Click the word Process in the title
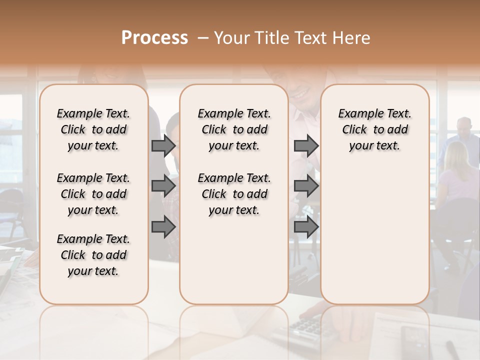point(154,38)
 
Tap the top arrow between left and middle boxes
point(163,145)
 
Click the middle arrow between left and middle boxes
point(163,186)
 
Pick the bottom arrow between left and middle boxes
point(163,227)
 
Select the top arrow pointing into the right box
point(306,145)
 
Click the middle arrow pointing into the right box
point(306,186)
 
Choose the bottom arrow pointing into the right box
point(306,227)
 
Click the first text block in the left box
point(93,129)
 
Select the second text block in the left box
point(93,194)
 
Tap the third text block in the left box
point(93,255)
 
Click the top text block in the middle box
point(234,129)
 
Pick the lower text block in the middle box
point(234,194)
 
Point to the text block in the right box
point(375,129)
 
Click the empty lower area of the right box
point(375,230)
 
